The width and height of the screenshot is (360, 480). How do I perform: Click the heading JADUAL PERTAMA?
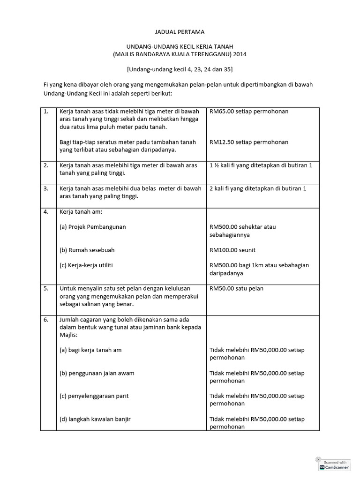tap(180, 32)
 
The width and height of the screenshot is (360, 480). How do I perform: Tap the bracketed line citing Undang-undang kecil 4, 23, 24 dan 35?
tap(180, 69)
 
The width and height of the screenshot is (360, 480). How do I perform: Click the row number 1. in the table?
tap(46, 112)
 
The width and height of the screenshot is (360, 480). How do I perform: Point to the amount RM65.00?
tap(221, 112)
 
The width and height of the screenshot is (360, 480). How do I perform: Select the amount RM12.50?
tap(221, 142)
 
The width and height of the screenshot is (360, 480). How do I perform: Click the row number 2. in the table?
tap(46, 165)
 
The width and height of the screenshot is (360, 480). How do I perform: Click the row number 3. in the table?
tap(46, 188)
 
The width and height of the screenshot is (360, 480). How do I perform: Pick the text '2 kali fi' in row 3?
tap(221, 188)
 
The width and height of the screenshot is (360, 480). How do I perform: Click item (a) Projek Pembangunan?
tap(93, 227)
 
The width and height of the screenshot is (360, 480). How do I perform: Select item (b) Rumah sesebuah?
tap(87, 250)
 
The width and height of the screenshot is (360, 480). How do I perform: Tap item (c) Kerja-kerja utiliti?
tap(86, 265)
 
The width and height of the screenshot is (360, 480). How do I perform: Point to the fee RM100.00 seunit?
tap(232, 250)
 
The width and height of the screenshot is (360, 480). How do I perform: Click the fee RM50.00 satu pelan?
tap(236, 288)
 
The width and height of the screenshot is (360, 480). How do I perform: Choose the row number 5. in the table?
tap(46, 288)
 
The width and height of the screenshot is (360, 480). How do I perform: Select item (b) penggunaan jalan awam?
tap(97, 373)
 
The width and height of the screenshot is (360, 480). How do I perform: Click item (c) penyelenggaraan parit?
tap(94, 396)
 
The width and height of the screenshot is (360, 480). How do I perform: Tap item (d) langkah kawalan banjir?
tap(95, 419)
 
